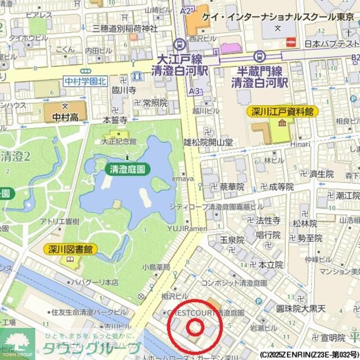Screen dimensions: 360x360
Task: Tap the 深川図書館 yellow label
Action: click(x=71, y=249)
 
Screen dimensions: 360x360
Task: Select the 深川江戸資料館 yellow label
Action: click(x=282, y=112)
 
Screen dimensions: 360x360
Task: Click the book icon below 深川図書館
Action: click(x=70, y=259)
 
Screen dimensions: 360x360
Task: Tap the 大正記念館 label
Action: click(x=119, y=142)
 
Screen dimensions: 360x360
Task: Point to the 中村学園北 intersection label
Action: click(x=85, y=81)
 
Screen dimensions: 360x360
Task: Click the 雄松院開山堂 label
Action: click(x=208, y=143)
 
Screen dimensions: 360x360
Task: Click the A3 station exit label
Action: click(x=195, y=91)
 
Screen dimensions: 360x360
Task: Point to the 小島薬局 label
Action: click(x=156, y=267)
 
